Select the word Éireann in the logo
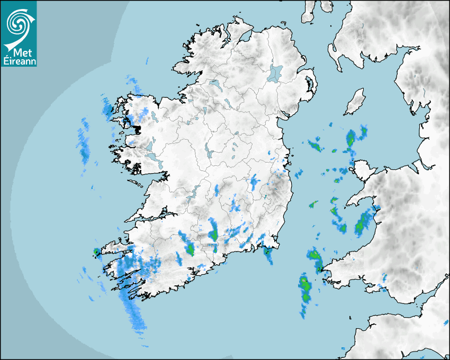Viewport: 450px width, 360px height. (x=19, y=60)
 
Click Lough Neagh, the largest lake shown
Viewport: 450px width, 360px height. (x=275, y=73)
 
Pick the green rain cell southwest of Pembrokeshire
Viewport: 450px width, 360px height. (x=305, y=289)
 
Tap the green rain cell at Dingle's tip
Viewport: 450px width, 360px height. (x=96, y=252)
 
